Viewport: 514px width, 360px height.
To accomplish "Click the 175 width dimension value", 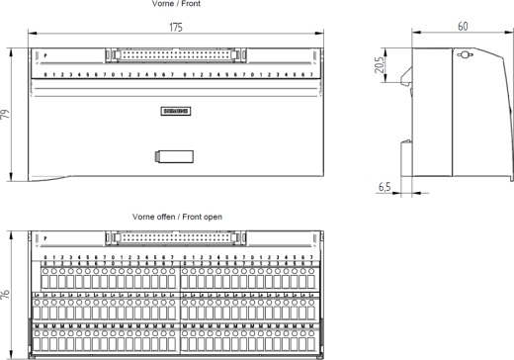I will [x=175, y=27].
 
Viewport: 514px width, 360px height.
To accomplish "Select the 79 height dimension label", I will [x=7, y=116].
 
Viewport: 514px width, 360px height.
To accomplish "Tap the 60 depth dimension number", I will [x=462, y=27].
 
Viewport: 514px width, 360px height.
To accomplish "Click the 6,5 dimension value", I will [x=385, y=185].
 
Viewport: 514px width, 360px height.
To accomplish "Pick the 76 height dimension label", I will [x=7, y=294].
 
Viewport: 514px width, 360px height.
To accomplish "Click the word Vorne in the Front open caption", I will [x=143, y=215].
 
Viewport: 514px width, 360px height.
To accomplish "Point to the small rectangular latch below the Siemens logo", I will [x=172, y=155].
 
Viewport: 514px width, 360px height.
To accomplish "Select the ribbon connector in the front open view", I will [x=175, y=237].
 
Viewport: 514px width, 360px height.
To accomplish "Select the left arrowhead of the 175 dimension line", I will [x=30, y=36].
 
